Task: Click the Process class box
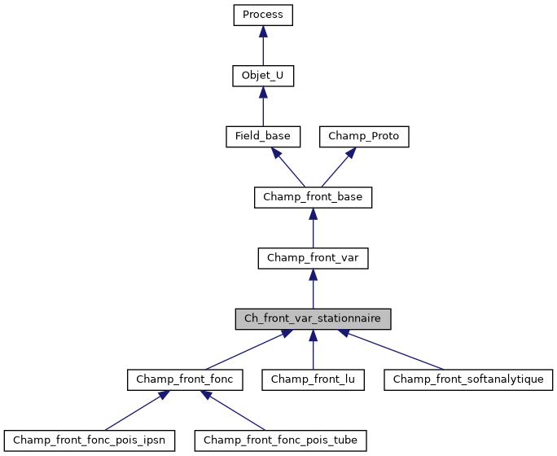[262, 15]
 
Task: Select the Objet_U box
[262, 76]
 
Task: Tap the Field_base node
[262, 136]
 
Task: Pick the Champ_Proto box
[363, 136]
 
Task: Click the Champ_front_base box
[313, 197]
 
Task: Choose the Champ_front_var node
[313, 258]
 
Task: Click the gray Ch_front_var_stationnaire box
[313, 318]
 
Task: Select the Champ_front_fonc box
[185, 379]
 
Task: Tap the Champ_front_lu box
[313, 379]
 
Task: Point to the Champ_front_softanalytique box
[468, 379]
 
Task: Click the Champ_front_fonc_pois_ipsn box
[89, 441]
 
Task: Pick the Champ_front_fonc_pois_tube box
[280, 441]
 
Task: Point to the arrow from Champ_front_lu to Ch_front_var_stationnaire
[313, 351]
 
